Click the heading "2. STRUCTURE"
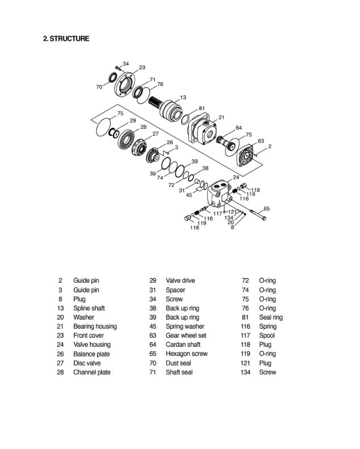coord(66,39)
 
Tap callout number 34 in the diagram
coord(125,63)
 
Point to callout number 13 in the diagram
coord(183,97)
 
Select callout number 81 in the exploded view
coord(202,108)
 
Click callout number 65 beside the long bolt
coord(267,208)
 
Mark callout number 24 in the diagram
coord(236,178)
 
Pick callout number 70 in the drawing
coord(99,87)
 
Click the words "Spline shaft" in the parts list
coord(89,308)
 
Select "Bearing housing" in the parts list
coord(95,326)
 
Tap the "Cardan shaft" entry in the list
coord(183,345)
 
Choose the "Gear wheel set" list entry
coord(186,335)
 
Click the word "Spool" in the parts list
coord(267,335)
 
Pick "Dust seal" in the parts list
coord(178,363)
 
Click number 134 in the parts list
coord(245,372)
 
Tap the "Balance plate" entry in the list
coord(91,354)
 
